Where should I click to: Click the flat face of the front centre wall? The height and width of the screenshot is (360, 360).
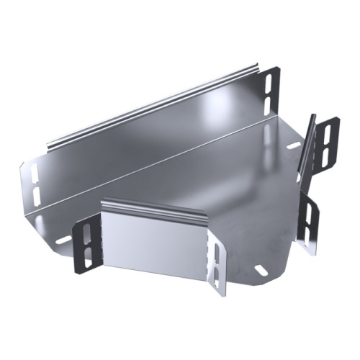coord(155,245)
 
